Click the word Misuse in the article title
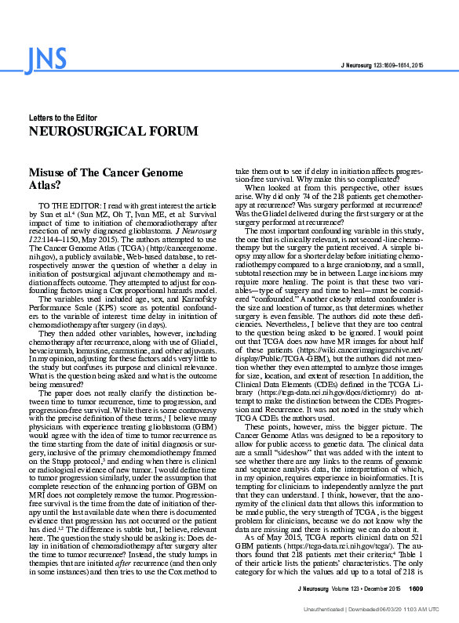tap(46, 173)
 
